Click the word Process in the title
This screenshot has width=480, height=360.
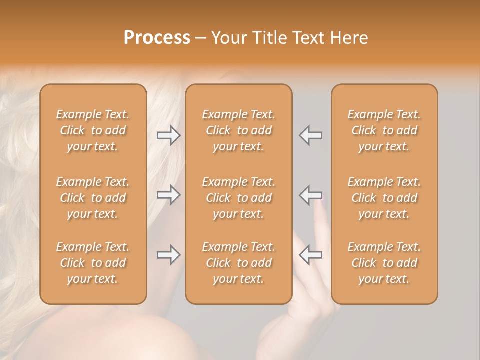157,38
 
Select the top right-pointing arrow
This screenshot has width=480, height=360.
168,135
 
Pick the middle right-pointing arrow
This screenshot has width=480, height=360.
168,195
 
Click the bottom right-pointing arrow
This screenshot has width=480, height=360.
168,255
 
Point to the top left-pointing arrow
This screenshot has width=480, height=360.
310,135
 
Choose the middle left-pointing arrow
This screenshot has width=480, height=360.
310,195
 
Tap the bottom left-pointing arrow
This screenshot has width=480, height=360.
310,255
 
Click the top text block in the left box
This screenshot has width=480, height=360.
93,130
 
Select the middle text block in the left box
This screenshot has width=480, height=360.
93,198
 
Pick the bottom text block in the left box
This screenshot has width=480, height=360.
93,263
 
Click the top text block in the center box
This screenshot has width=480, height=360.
239,130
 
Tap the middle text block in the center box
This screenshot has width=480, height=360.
239,198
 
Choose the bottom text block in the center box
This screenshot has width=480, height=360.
239,263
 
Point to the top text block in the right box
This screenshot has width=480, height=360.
384,130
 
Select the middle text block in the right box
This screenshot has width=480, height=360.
384,198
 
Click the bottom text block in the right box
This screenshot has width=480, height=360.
384,263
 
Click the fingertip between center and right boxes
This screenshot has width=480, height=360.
320,206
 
